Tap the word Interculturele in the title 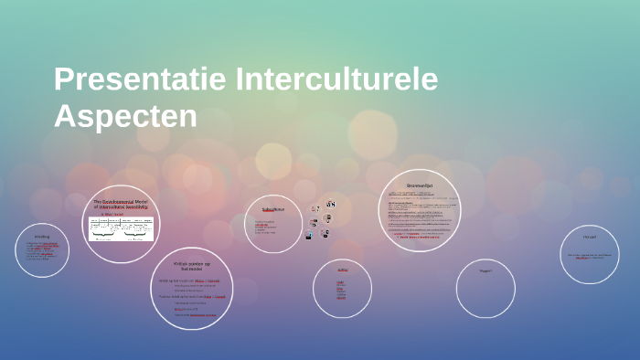pos(336,80)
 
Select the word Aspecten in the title pos(125,116)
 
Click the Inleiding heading pos(42,236)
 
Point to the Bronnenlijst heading pos(420,185)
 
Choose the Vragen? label pos(485,270)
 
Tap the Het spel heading pos(589,237)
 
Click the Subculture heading pos(273,209)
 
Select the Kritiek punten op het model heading pos(191,266)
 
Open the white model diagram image pos(121,228)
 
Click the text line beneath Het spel pos(589,256)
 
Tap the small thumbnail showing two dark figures pos(330,205)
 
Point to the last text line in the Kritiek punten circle pos(196,314)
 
